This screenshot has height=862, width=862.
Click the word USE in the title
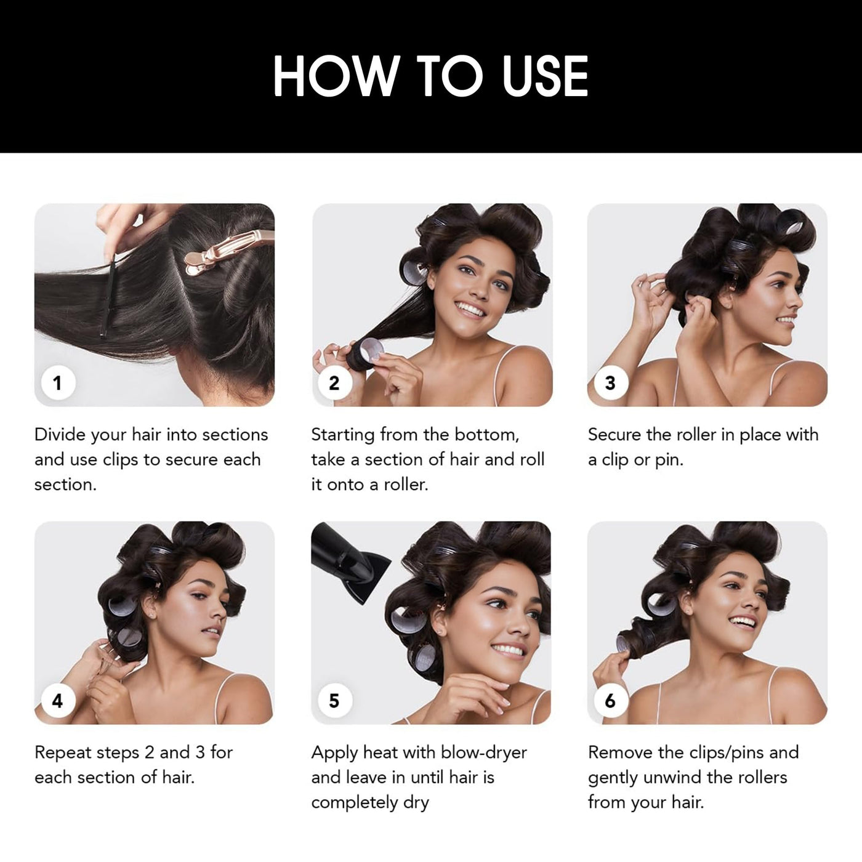click(545, 76)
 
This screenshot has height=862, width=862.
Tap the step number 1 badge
click(58, 384)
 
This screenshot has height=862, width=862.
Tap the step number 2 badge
click(334, 384)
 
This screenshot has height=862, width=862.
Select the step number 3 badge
click(611, 384)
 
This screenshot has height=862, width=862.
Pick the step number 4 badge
click(58, 701)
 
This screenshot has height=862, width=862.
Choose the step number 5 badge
click(334, 701)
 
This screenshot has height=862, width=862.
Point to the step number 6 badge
click(611, 701)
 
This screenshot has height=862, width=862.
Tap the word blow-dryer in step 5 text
click(484, 753)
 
